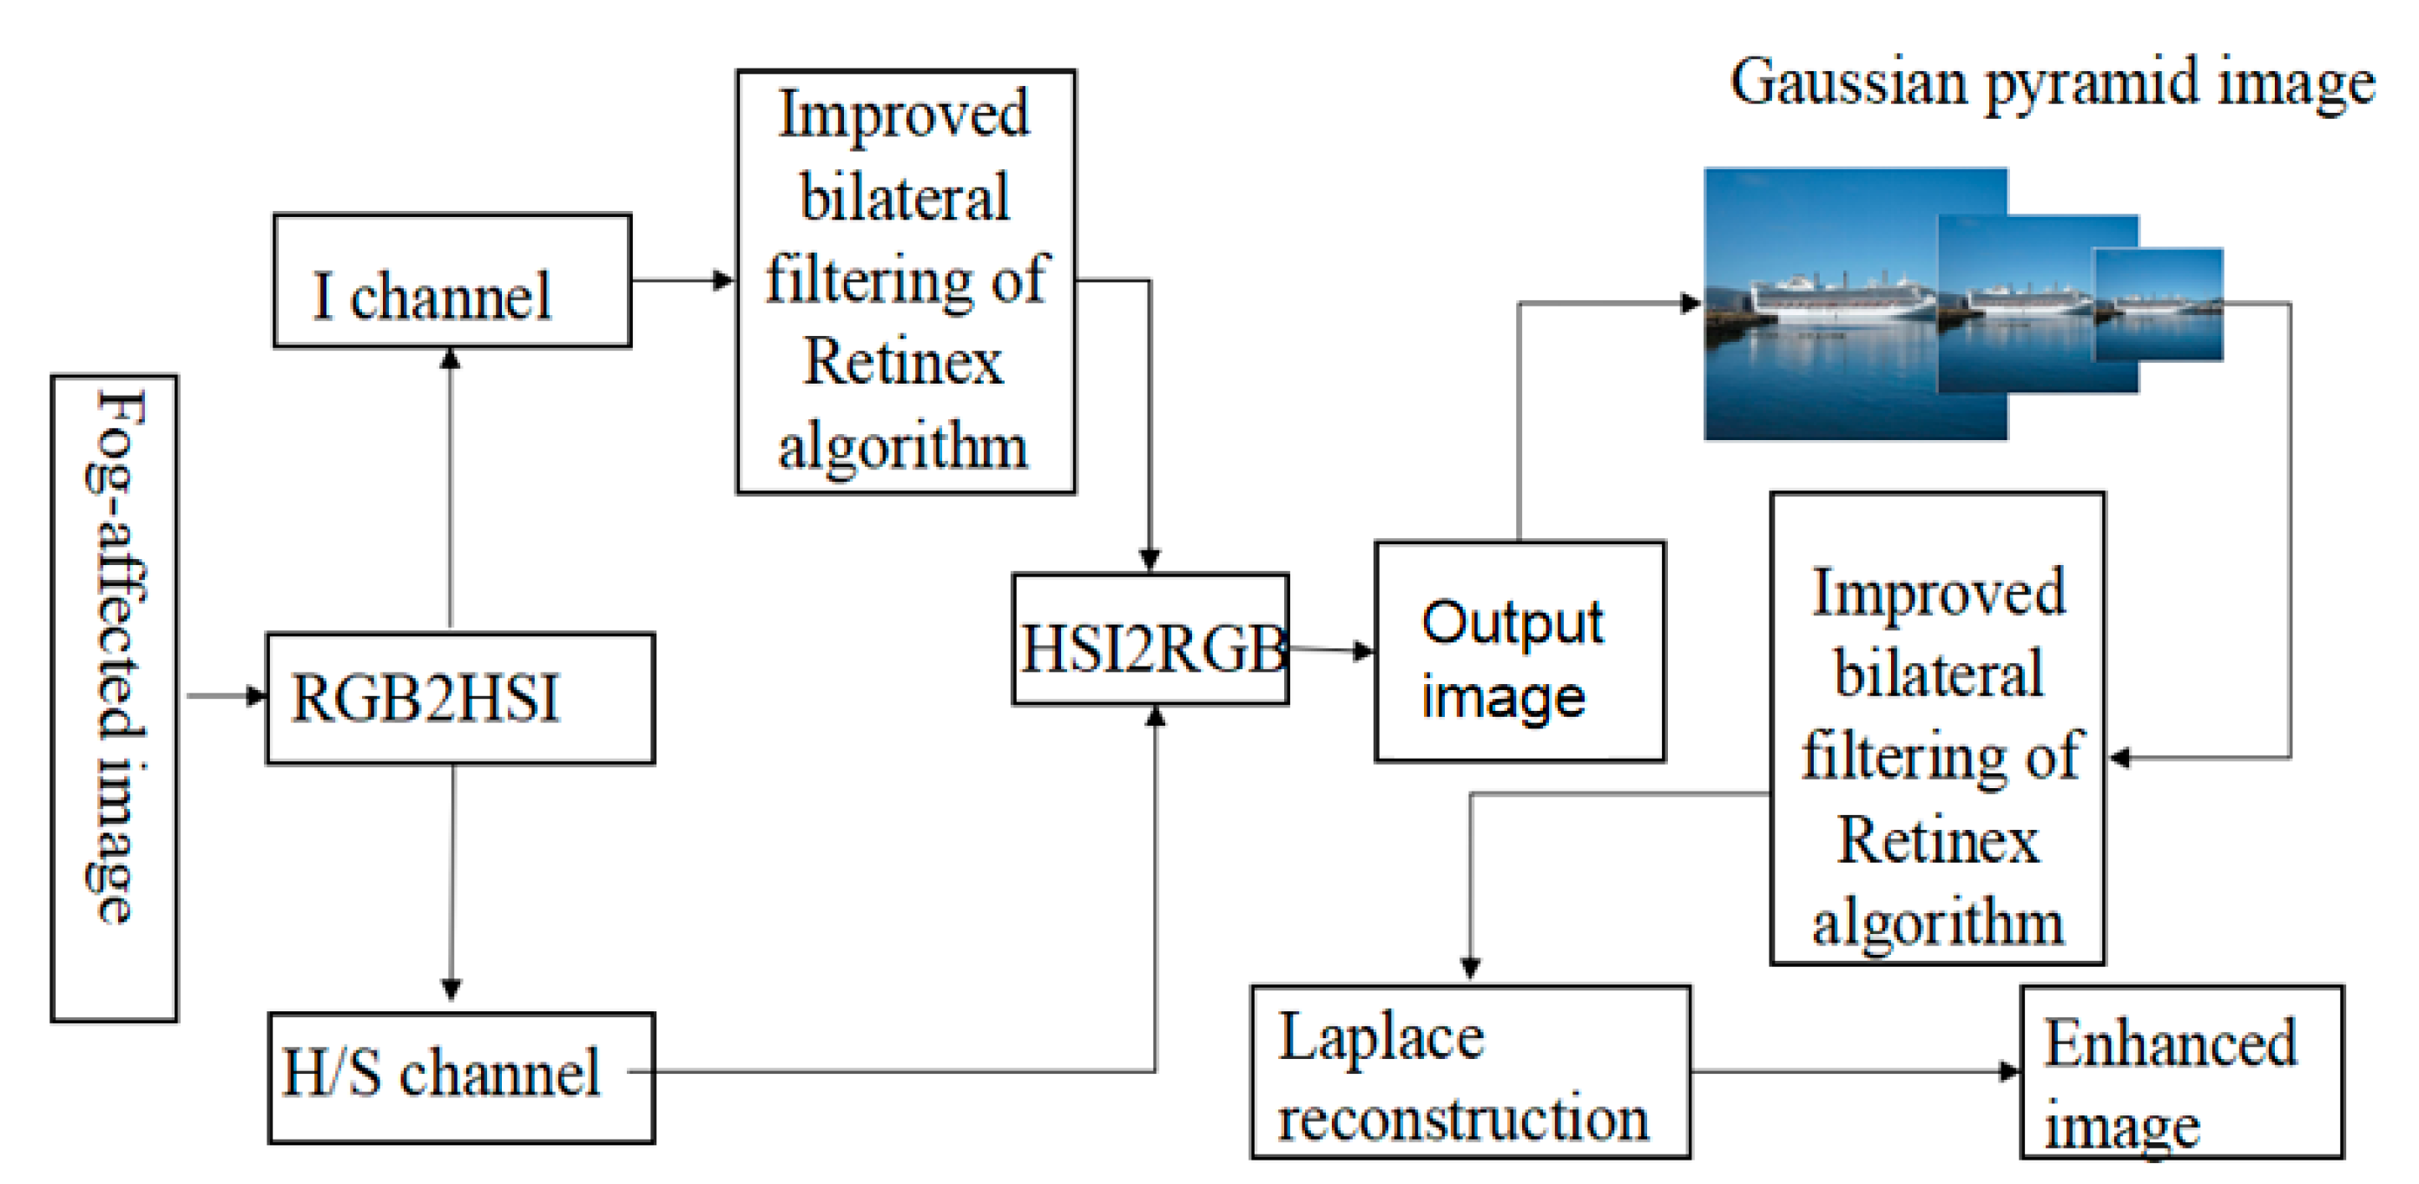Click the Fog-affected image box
pyautogui.click(x=114, y=698)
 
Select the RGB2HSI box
pyautogui.click(x=460, y=699)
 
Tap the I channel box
pyautogui.click(x=452, y=280)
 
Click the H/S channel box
pyautogui.click(x=461, y=1077)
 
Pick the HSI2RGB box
pyautogui.click(x=1150, y=640)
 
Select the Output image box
pyautogui.click(x=1519, y=652)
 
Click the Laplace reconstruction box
pyautogui.click(x=1470, y=1071)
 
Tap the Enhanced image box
pyautogui.click(x=2180, y=1071)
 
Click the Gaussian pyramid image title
pyautogui.click(x=2052, y=82)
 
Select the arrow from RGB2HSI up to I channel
pyautogui.click(x=451, y=488)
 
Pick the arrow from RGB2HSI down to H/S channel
pyautogui.click(x=452, y=883)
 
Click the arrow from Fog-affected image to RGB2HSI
pyautogui.click(x=226, y=696)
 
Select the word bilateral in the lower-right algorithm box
pyautogui.click(x=1938, y=674)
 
